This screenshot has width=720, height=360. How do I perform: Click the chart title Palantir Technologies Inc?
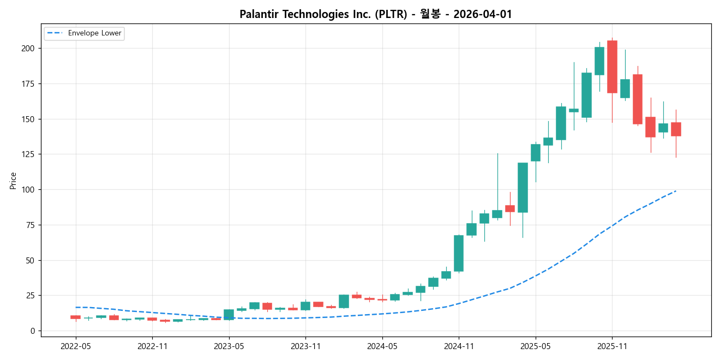[376, 14]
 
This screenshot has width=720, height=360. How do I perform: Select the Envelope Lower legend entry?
[91, 33]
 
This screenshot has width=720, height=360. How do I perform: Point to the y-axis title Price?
[13, 181]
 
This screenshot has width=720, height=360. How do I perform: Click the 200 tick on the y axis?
[28, 49]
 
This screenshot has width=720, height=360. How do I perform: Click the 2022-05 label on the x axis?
[76, 346]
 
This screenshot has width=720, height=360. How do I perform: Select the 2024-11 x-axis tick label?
[459, 346]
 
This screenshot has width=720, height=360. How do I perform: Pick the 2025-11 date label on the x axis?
[612, 346]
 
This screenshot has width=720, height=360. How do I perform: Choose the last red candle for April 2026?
[676, 129]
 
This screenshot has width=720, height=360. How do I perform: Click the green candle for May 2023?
[229, 314]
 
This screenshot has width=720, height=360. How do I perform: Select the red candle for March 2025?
[510, 208]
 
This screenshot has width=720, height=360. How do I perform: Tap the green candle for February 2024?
[344, 301]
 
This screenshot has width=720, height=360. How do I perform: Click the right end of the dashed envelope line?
[676, 190]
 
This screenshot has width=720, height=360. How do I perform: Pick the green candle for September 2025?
[586, 95]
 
